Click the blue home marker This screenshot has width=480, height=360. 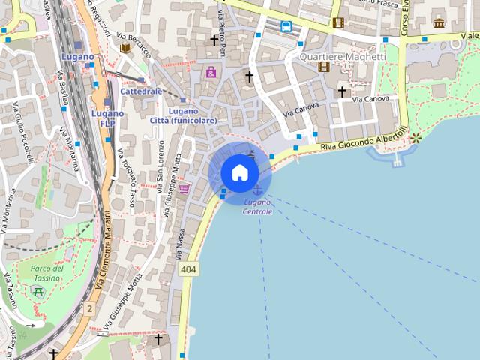[240, 173]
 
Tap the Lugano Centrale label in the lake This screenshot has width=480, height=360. [258, 207]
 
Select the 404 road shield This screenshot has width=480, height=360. [189, 269]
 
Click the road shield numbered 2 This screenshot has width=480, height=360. [90, 308]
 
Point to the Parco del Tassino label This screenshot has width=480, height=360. [47, 273]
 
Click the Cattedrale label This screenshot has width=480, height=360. [141, 91]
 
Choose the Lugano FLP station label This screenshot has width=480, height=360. [107, 118]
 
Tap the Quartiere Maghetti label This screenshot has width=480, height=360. [343, 57]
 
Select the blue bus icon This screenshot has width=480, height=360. [286, 26]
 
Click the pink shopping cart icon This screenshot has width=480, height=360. [184, 188]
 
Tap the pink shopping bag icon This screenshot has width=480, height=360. [211, 72]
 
